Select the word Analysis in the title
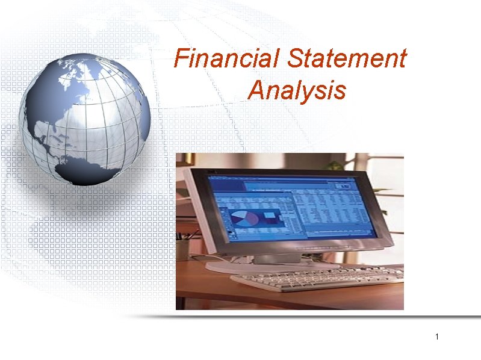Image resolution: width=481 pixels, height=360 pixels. point(297,91)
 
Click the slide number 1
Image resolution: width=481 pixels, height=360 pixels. point(438,336)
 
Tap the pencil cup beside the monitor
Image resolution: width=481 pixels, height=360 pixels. point(182,247)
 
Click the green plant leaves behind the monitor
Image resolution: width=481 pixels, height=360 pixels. point(335,164)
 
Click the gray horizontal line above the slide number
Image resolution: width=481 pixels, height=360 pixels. point(313,316)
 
